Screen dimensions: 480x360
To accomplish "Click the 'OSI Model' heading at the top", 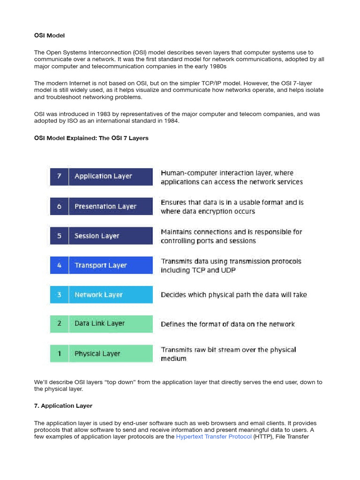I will pos(49,36).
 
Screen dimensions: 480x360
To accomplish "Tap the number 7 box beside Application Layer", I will pos(59,177).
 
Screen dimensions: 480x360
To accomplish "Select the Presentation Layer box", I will pos(110,206).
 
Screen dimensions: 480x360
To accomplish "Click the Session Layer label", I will pos(97,236).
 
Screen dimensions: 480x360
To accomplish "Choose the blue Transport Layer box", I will pos(110,265).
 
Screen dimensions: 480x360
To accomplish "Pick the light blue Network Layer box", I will pos(110,295).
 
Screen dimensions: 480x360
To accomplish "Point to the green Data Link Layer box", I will pos(110,323).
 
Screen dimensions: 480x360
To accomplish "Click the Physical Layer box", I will pos(110,353).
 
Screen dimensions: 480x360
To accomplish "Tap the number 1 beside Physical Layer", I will pos(59,353).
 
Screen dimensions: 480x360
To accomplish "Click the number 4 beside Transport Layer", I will pos(59,265).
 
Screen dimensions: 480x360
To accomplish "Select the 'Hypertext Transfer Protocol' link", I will pos(214,437).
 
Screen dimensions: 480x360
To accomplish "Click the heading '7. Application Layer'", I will pos(63,406).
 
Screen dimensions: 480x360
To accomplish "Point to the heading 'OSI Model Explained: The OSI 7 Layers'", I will pos(91,138).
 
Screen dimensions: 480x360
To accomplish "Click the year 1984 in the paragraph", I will pos(172,121).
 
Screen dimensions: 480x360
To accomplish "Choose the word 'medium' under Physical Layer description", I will pos(173,359).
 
